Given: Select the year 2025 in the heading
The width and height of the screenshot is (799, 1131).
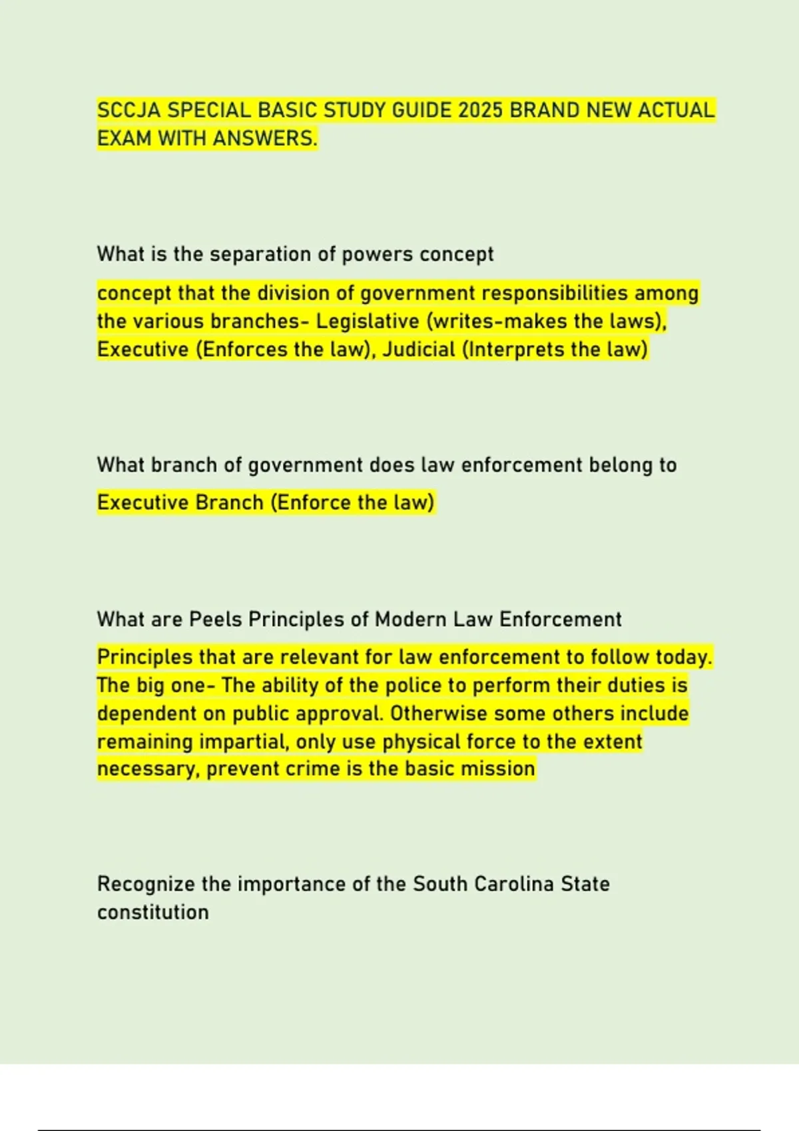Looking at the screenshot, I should click(480, 110).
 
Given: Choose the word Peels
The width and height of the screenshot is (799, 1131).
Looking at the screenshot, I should click(216, 619).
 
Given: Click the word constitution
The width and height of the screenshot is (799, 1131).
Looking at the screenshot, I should click(153, 912).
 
